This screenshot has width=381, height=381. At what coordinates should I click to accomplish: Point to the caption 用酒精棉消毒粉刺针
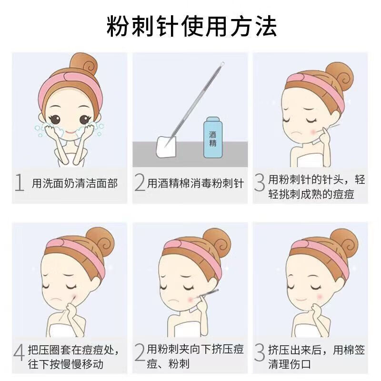coord(195,183)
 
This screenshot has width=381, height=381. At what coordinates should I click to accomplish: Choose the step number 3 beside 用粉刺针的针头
coord(260,183)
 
